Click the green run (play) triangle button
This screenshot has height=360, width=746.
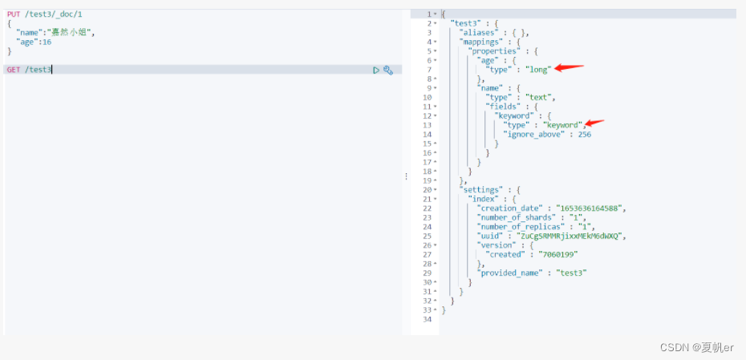[x=376, y=70]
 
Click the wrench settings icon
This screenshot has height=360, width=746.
[x=388, y=70]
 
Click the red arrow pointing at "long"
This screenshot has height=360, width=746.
[x=570, y=68]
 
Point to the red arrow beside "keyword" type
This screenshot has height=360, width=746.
[x=594, y=123]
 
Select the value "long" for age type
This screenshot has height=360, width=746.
[x=538, y=70]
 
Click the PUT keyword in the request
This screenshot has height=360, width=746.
[x=14, y=14]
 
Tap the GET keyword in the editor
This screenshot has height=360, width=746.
[x=14, y=70]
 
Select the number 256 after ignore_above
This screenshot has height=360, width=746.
[x=584, y=135]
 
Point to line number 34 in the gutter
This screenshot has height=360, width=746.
[x=428, y=319]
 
